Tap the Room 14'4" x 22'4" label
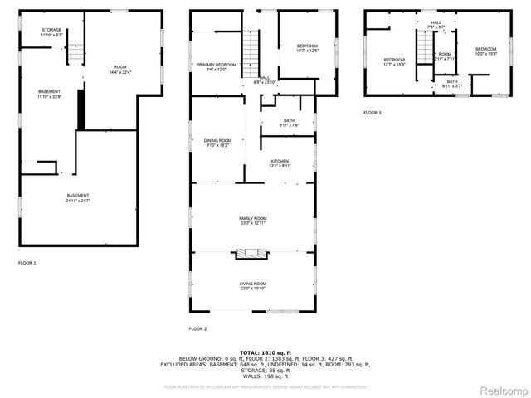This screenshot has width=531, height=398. tap(120, 70)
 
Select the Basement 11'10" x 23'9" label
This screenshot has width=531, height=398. tap(49, 94)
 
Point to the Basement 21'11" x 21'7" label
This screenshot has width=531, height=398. tap(78, 197)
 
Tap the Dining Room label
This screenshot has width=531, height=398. tap(217, 143)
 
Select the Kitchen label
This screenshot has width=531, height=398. tap(279, 163)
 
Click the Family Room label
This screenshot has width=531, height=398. tap(253, 221)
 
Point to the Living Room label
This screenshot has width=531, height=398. tap(253, 286)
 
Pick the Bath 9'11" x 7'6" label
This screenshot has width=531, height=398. tap(289, 124)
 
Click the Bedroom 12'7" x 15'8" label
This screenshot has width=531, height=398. tap(394, 61)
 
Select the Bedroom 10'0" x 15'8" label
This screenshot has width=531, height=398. tap(485, 51)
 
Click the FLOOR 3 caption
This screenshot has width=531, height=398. tap(373, 113)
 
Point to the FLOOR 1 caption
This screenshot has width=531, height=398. tap(27, 263)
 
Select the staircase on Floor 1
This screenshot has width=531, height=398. tap(74, 56)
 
